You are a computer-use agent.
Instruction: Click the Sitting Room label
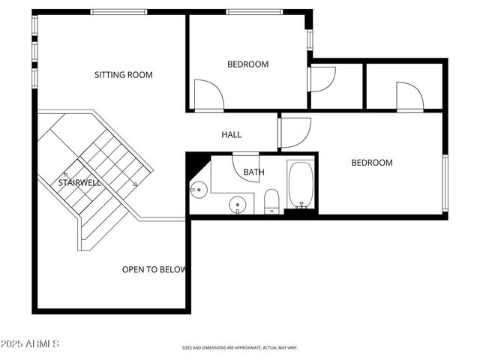point(123,74)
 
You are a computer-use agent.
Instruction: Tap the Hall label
point(232,135)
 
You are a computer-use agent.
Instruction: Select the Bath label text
point(253,172)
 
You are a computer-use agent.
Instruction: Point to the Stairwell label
point(80,182)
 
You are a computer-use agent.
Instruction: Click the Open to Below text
point(154,269)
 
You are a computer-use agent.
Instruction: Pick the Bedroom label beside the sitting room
point(247,64)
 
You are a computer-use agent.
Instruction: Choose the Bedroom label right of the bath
point(372,163)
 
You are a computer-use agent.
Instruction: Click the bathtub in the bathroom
point(301,185)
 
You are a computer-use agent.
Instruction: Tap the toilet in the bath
point(271,200)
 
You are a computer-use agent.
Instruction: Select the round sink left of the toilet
point(238,202)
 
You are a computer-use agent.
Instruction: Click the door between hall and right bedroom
point(294,133)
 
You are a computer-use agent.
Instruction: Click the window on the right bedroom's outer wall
point(445,182)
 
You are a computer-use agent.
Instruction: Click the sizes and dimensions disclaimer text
point(240,348)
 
